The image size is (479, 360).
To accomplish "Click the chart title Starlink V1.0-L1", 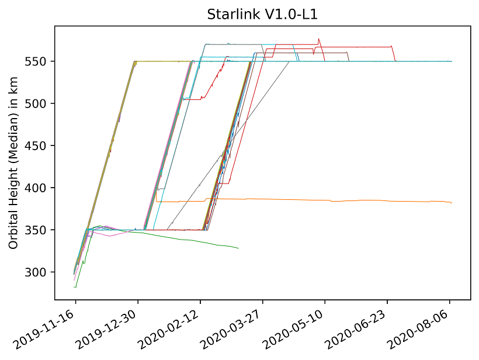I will [x=262, y=15].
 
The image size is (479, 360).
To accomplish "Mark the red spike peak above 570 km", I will [x=318, y=39].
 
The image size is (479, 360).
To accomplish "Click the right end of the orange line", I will [x=452, y=203].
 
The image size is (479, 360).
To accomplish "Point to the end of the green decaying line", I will [x=238, y=248].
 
